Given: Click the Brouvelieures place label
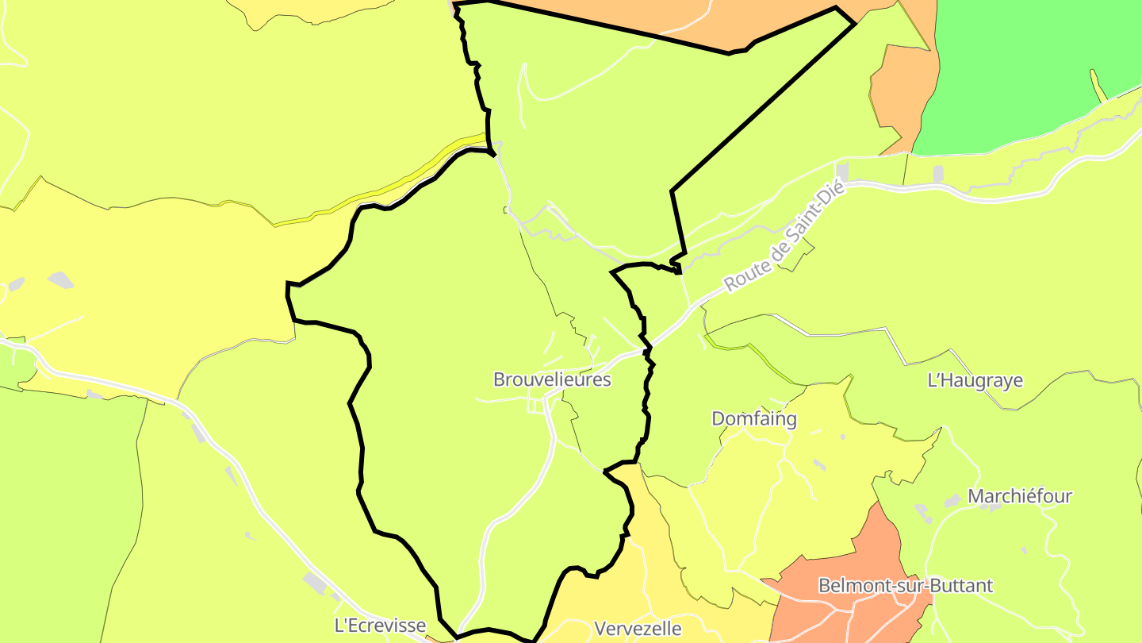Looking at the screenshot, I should click(552, 379).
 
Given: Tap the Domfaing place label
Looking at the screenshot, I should click(753, 419).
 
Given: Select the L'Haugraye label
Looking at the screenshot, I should click(975, 381).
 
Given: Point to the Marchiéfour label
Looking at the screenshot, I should click(1019, 497).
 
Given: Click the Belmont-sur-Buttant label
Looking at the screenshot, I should click(905, 586).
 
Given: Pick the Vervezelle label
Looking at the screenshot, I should click(638, 629).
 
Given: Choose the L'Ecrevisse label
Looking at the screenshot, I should click(380, 626).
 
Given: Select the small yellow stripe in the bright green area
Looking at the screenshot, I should click(1098, 86).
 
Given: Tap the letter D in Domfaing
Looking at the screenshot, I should click(718, 419).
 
